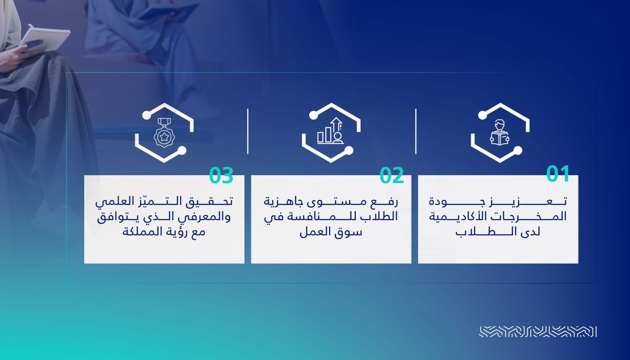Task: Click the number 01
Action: point(558,174)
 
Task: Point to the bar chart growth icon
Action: point(331,131)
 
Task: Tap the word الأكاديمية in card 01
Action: point(462,216)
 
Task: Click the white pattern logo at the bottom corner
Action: point(538,332)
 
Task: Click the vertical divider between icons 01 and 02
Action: point(416,132)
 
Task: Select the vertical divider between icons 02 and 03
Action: point(248,132)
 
